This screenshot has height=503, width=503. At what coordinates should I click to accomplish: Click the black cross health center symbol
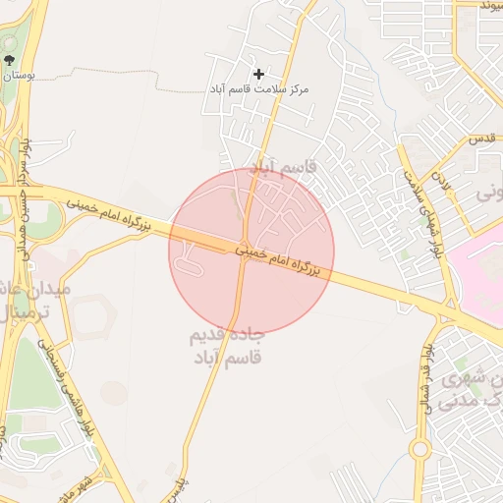(x=259, y=74)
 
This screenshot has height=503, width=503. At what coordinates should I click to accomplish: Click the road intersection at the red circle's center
(x=244, y=250)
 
